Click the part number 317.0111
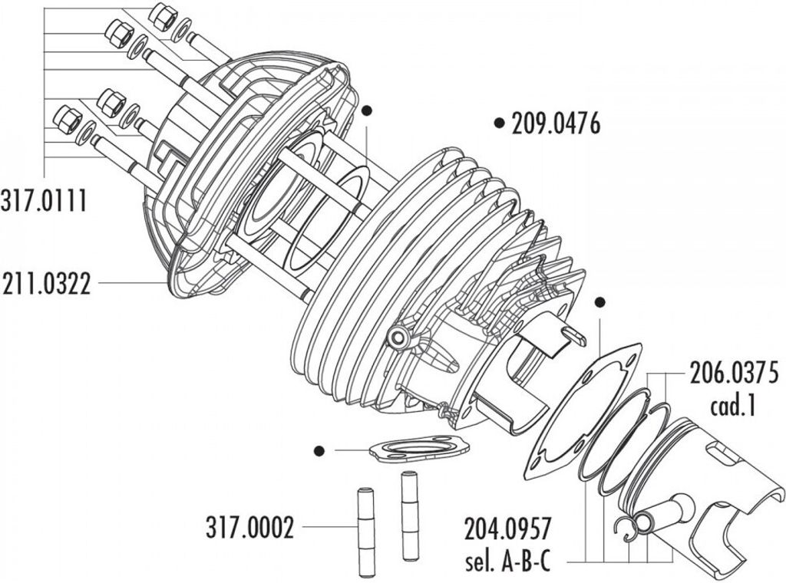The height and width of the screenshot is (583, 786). point(44,201)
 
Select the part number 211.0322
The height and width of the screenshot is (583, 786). point(47,283)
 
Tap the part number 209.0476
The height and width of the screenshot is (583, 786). point(556,124)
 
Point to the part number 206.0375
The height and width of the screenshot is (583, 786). point(735,373)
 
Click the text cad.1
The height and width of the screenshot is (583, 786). point(732,406)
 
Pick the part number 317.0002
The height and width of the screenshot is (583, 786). point(249,527)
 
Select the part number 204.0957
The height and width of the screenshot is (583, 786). point(508,528)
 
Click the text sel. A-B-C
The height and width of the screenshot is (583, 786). point(508,562)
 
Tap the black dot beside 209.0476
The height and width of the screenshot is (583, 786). point(499,123)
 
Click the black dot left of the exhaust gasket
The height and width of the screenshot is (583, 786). point(319,451)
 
